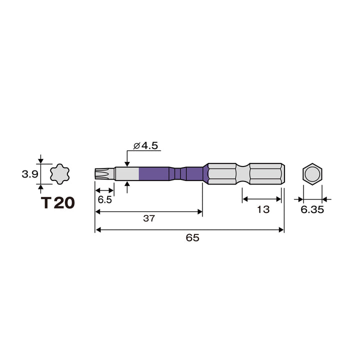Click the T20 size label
(58, 202)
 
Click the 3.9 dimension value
(29, 174)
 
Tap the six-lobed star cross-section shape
(59, 174)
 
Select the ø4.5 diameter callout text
(145, 145)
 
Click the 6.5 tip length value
(104, 199)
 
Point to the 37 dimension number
(149, 218)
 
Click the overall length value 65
(192, 237)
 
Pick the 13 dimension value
(263, 209)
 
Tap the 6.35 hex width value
(312, 209)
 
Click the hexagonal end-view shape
(312, 174)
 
